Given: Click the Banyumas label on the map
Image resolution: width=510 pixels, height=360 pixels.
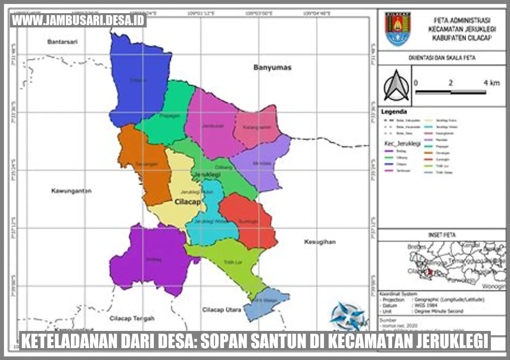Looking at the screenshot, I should coord(272,67).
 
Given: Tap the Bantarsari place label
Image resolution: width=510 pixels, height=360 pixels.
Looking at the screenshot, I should coord(62,41).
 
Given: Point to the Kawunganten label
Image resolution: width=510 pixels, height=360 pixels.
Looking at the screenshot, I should coord(71,191).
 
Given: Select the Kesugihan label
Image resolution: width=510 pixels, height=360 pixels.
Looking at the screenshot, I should coord(320,242).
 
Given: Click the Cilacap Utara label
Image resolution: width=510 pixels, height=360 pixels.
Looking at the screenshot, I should coord(221,309).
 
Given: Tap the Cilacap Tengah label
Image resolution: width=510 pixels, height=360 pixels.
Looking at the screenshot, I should coord(132,318).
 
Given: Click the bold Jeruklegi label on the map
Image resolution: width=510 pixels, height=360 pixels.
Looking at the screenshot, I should coord(207,175).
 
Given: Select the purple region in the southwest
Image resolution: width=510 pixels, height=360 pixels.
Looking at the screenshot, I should coord(151,259).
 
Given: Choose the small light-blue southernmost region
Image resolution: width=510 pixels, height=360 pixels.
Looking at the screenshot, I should coord(265,305).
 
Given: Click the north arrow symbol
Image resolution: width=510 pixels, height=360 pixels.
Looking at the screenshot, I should coord(396,86).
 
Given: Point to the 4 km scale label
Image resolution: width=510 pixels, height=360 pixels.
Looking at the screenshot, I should coord(491,83).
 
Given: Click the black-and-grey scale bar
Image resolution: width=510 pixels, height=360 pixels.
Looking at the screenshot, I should coord(450,92).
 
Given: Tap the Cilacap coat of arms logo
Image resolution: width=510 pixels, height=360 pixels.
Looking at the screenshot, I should coord(397,29).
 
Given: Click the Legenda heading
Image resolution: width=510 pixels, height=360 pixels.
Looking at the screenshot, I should coord(394,112).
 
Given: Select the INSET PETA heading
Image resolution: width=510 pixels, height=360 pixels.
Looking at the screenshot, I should coord(441,235).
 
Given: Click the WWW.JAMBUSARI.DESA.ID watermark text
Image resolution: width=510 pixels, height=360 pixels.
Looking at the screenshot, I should coord(78,20).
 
